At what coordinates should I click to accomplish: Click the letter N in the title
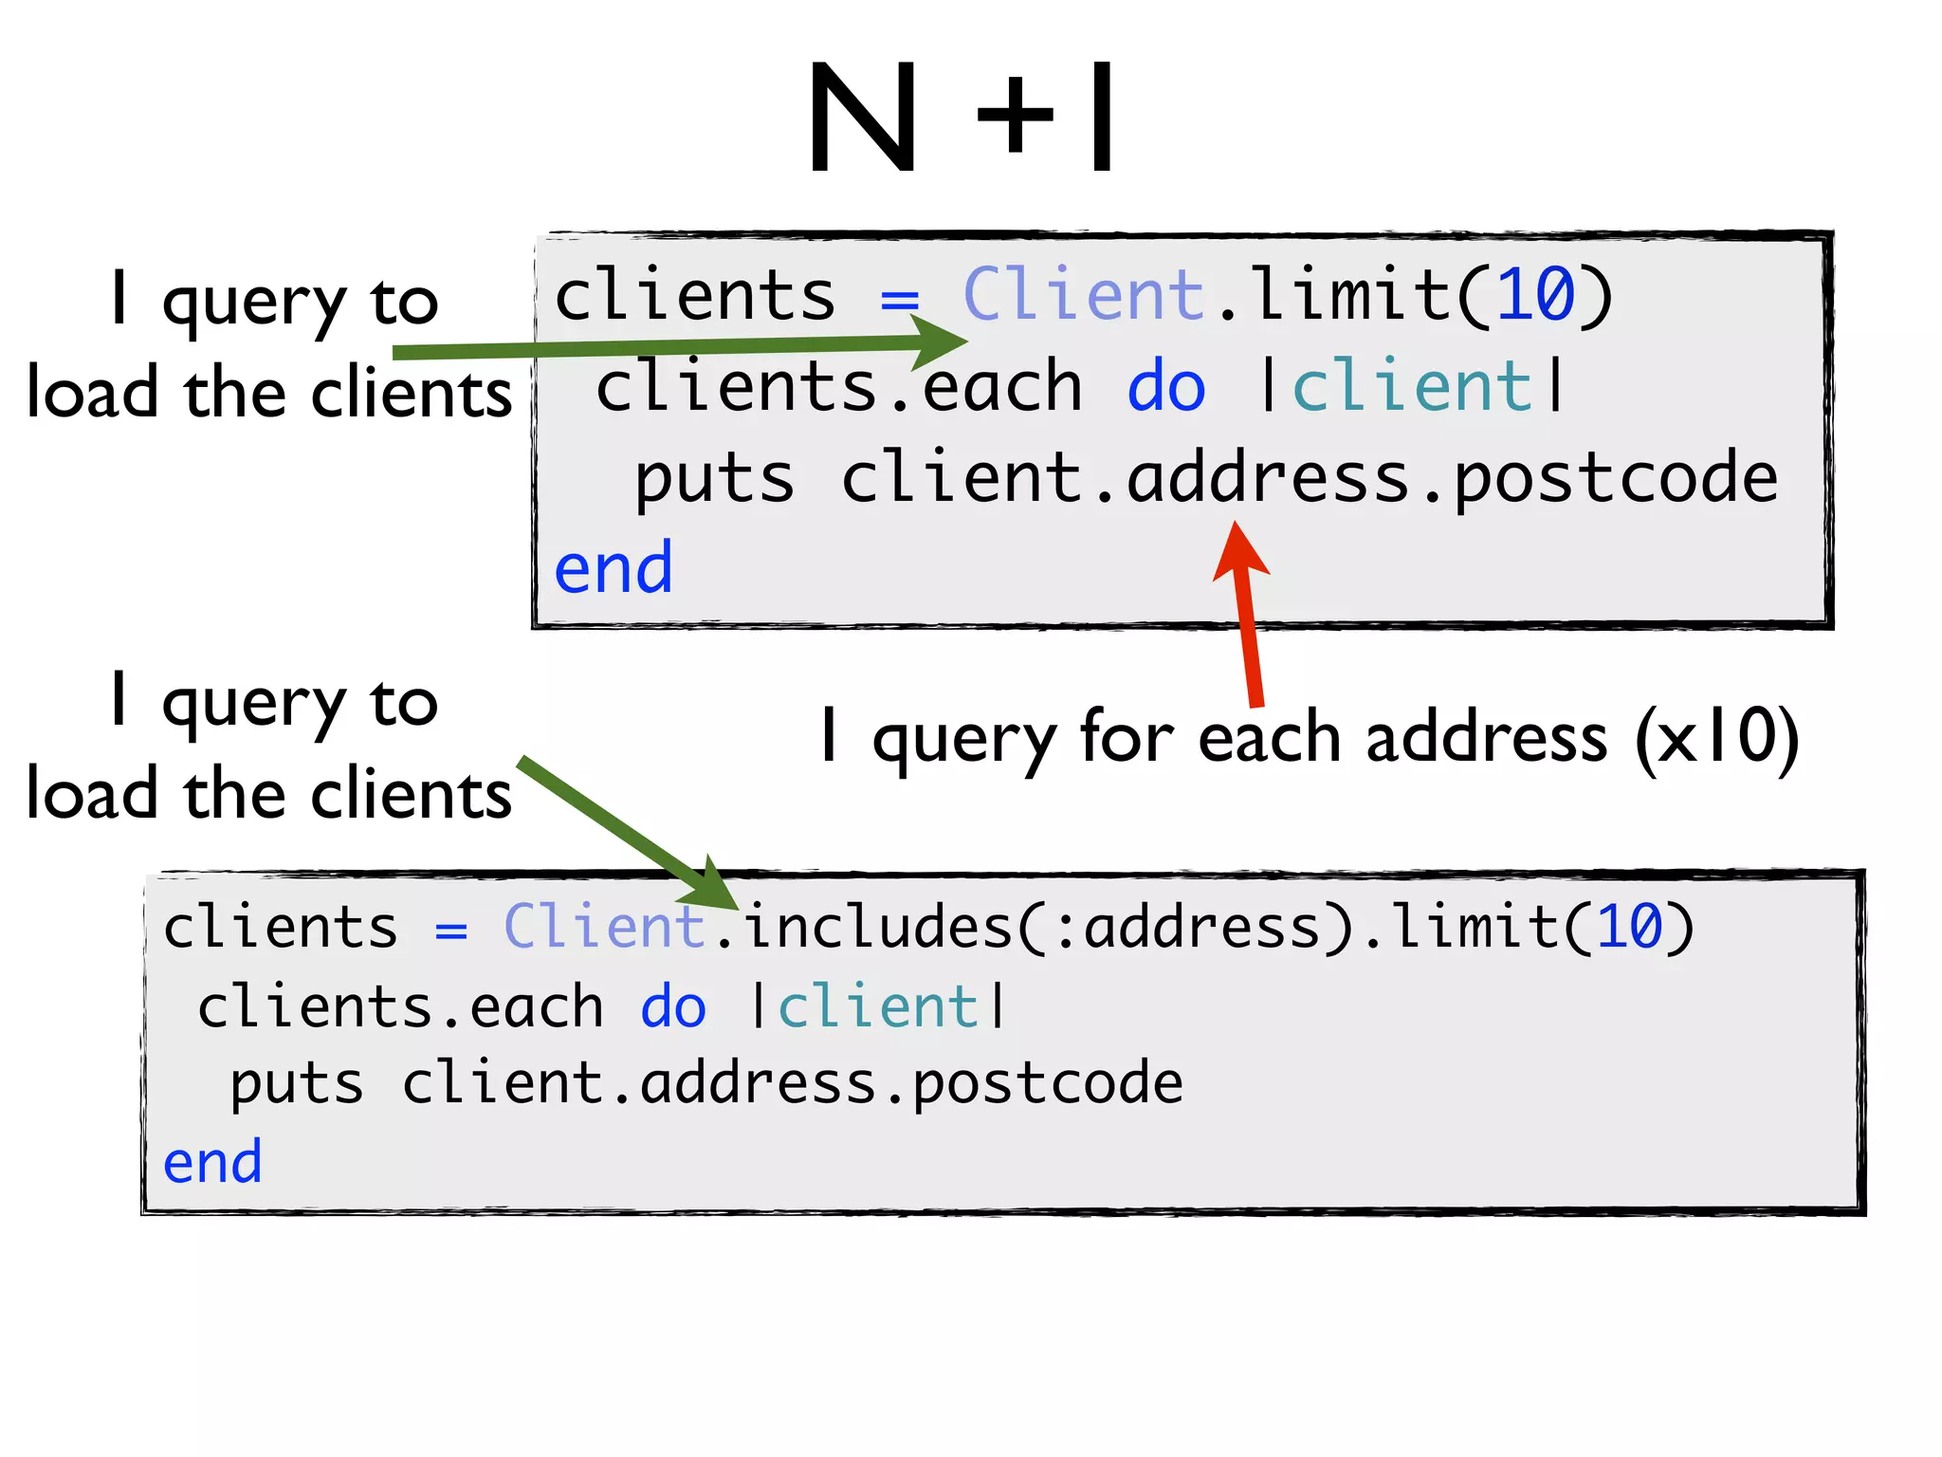tap(862, 118)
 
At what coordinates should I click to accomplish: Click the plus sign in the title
tap(1014, 118)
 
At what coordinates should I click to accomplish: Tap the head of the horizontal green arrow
tap(939, 341)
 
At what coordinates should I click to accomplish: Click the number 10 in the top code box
tap(1535, 295)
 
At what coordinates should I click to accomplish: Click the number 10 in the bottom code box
tap(1630, 927)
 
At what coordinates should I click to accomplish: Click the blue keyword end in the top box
tap(614, 569)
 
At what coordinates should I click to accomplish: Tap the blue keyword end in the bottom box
tap(212, 1163)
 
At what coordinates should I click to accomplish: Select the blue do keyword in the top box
tap(1165, 388)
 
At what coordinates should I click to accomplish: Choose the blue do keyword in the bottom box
tap(673, 1007)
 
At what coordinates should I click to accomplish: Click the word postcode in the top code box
tap(1616, 479)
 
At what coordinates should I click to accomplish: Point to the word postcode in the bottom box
tap(1048, 1084)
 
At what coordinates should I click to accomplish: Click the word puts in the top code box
tap(714, 479)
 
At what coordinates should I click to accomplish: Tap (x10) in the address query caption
tap(1716, 737)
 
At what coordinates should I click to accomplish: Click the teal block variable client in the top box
tap(1412, 388)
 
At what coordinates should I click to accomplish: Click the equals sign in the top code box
tap(899, 300)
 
